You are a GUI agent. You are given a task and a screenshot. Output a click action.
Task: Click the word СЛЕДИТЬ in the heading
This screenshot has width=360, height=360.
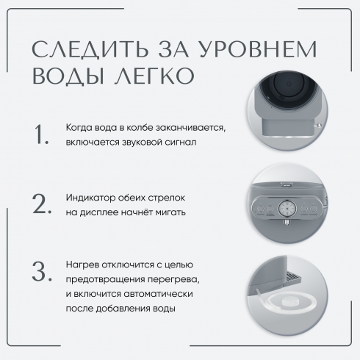(90, 49)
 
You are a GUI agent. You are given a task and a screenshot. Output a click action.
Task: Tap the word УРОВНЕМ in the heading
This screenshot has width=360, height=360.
(258, 48)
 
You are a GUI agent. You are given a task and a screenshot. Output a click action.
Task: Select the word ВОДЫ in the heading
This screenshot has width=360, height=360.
(69, 76)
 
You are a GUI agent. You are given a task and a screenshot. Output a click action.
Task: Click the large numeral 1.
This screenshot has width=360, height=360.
(41, 134)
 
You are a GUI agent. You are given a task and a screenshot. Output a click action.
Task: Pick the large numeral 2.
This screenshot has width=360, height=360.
(42, 204)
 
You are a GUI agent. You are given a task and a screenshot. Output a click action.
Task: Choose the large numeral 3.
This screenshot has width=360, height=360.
(42, 271)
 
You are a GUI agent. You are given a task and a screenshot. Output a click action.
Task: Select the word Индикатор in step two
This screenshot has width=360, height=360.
(90, 198)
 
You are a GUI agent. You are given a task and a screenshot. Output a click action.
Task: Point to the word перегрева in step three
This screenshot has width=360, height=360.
(173, 279)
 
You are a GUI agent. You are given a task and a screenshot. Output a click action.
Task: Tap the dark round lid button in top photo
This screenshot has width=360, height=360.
(289, 84)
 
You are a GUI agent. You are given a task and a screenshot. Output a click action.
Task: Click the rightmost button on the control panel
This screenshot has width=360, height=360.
(313, 209)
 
